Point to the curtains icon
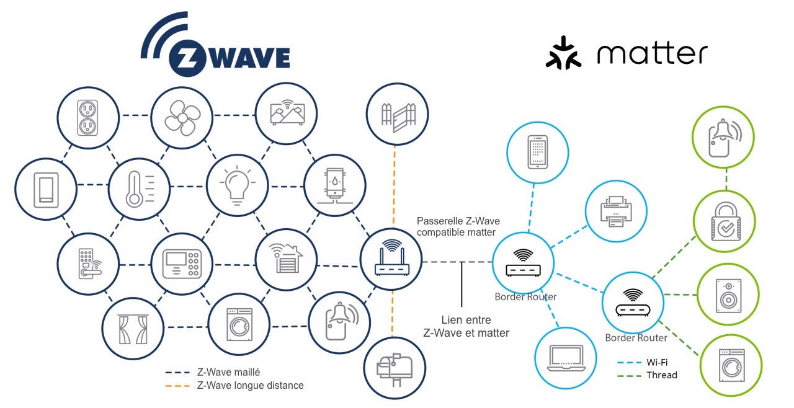pyautogui.click(x=133, y=329)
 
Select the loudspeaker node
pyautogui.click(x=728, y=294)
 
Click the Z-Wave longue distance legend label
pyautogui.click(x=250, y=385)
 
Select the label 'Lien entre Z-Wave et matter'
pyautogui.click(x=466, y=327)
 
